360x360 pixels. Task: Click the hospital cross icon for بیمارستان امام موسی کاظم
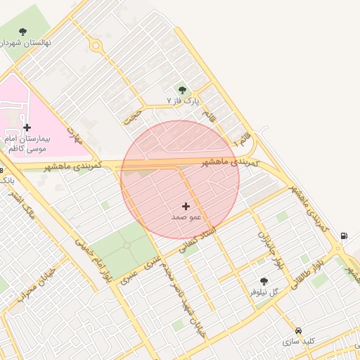pos(27,127)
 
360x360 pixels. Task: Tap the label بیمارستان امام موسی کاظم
pos(27,144)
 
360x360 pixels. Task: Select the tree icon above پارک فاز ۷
pos(183,90)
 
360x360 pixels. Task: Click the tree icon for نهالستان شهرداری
pos(23,32)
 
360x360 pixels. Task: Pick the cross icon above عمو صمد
pos(186,206)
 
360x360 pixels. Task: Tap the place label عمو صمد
pos(186,217)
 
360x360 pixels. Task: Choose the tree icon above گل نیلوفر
pos(264,281)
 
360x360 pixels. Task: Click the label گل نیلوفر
pos(264,292)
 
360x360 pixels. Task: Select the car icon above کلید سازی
pos(299,330)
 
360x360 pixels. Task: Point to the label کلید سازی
pos(299,341)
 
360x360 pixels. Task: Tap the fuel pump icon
pos(343,236)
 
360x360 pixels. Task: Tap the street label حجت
pos(131,117)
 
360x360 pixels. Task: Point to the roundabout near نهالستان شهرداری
pos(95,46)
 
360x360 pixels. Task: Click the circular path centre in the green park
pos(127,245)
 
